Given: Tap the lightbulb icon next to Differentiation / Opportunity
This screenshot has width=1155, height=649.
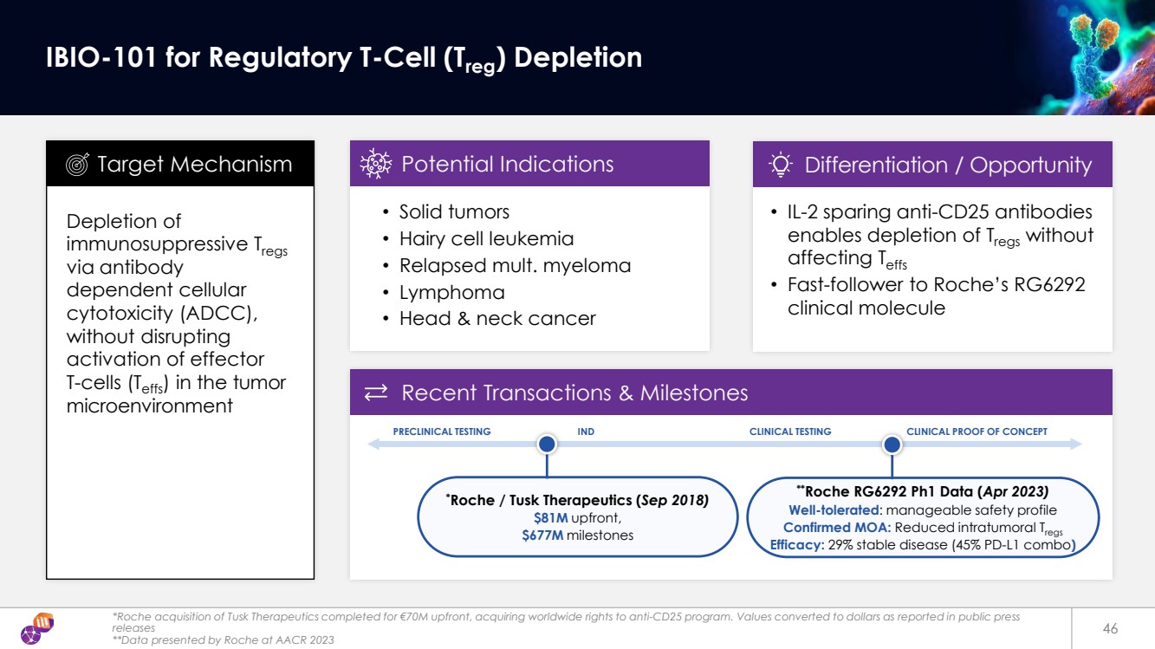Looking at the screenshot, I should [781, 165].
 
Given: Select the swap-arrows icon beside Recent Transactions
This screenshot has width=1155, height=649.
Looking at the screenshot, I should [376, 393].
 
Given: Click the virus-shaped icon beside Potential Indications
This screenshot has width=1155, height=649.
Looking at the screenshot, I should [377, 164].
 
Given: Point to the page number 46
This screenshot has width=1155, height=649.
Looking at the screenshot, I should [1110, 627].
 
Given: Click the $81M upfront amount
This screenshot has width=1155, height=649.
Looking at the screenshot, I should [550, 517].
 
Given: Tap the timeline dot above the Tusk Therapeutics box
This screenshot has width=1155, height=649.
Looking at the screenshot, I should [547, 445].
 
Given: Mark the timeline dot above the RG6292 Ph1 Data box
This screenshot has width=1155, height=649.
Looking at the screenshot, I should [892, 445].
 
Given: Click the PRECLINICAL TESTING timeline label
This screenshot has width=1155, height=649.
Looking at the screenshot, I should [442, 432].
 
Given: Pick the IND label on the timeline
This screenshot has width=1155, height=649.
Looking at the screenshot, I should [586, 432].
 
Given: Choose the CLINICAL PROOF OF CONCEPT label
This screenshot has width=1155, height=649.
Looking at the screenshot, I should [977, 432].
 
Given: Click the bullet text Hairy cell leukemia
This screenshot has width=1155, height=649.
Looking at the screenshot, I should [486, 238].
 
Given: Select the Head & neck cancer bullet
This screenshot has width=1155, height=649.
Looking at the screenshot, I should [496, 318].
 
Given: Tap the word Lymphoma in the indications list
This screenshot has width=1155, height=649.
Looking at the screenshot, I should [451, 292].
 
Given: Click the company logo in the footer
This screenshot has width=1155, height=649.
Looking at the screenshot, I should [37, 628].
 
